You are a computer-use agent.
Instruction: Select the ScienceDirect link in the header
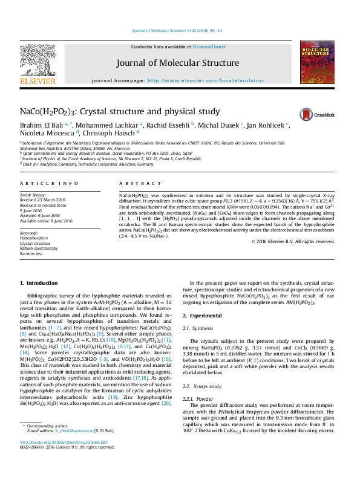click(x=209, y=47)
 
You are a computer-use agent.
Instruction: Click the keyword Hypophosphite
click(x=33, y=238)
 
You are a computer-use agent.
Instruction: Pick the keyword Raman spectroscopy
click(x=39, y=248)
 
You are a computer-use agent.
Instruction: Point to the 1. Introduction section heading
click(x=39, y=283)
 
